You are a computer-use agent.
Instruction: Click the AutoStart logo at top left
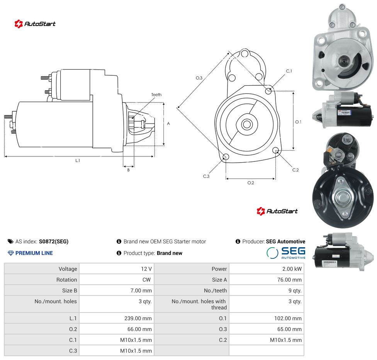point(35,24)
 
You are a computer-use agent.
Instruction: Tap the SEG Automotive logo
point(286,253)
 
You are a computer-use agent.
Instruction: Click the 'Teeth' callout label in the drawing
point(156,95)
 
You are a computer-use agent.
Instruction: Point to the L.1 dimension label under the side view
point(78,160)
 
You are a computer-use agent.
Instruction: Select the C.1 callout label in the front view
point(289,71)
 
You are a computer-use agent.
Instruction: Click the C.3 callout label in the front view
point(206,176)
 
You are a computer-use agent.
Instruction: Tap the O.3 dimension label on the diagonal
point(199,78)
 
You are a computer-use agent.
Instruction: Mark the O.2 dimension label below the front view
point(251,183)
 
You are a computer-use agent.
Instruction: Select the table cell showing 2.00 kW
point(267,269)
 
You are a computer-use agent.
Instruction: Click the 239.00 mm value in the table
point(138,318)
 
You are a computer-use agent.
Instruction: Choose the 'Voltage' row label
point(68,269)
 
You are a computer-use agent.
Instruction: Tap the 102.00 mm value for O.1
point(288,318)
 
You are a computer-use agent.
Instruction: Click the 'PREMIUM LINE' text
point(34,253)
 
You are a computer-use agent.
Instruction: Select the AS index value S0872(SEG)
point(54,241)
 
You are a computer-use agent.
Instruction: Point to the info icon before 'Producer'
point(238,241)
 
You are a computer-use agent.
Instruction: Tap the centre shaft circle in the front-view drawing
point(247,124)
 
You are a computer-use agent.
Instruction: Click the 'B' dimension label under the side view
point(128,170)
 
